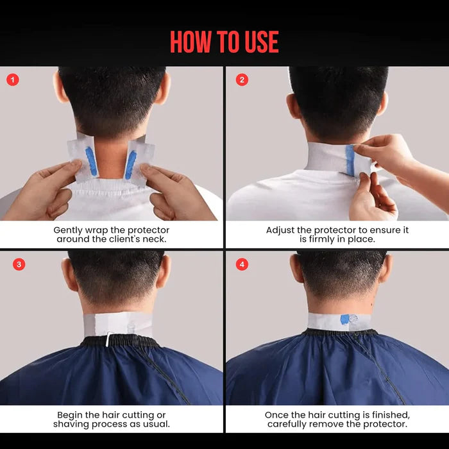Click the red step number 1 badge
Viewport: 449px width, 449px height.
click(x=13, y=80)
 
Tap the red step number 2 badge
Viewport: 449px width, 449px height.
click(x=241, y=80)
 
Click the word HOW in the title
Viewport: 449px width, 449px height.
click(x=191, y=42)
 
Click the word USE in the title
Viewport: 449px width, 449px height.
click(x=260, y=42)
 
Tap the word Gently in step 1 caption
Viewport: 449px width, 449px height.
click(x=68, y=230)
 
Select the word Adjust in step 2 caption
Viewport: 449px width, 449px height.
click(x=280, y=230)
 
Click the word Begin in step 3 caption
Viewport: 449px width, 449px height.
click(x=71, y=415)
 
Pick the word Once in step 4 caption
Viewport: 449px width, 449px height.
click(x=277, y=415)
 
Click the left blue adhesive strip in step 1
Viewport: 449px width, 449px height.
click(x=90, y=161)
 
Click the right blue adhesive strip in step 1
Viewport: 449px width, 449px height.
click(x=130, y=164)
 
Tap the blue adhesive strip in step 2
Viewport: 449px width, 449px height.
click(x=350, y=158)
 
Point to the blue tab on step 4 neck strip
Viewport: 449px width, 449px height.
click(x=350, y=319)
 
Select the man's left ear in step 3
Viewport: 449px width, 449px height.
click(x=65, y=273)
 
